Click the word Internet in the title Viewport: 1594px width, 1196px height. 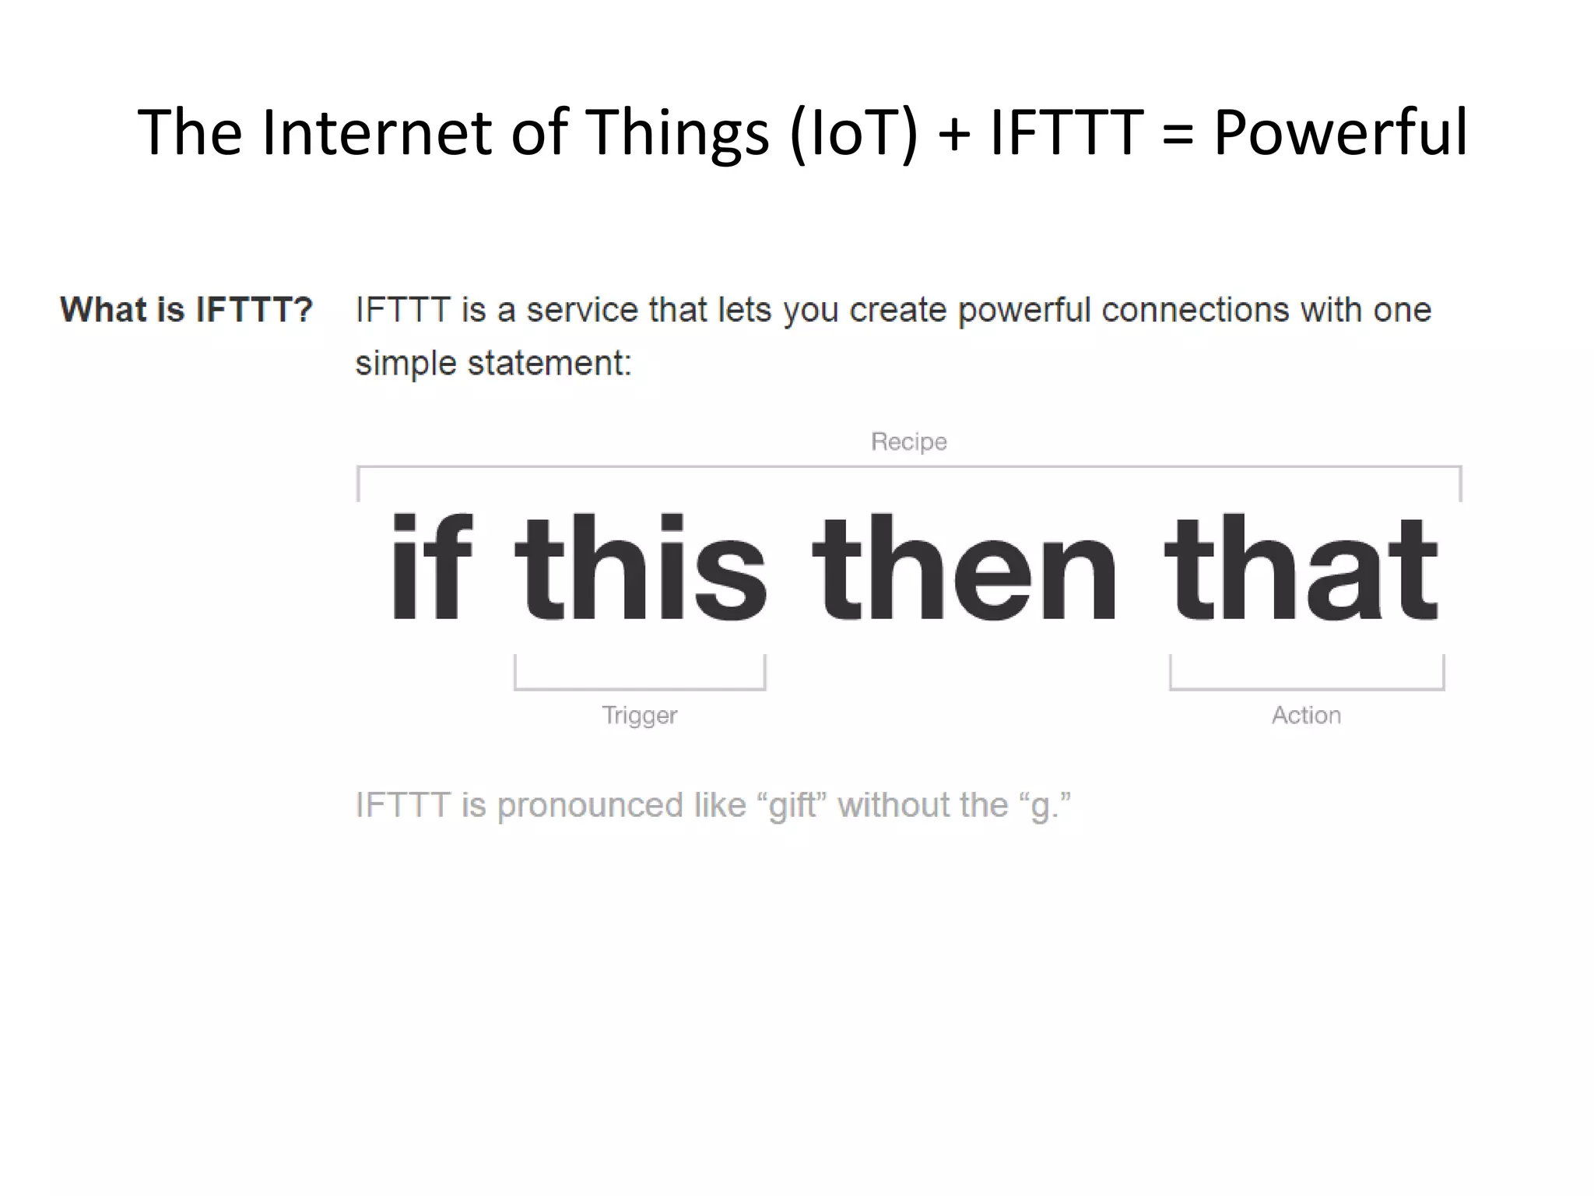coord(376,132)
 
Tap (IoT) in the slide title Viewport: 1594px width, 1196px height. coord(854,134)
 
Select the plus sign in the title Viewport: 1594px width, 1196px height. coord(954,134)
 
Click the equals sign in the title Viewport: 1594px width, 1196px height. coord(1178,134)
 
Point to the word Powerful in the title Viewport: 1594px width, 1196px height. coord(1340,132)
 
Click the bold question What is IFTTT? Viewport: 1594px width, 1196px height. coord(186,310)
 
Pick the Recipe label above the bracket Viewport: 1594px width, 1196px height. coord(908,441)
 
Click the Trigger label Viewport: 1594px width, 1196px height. coord(639,715)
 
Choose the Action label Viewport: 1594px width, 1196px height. coord(1306,715)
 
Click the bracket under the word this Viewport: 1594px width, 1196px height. coord(640,688)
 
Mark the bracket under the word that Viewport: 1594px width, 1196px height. coord(1306,688)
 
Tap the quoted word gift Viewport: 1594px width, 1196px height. coord(793,805)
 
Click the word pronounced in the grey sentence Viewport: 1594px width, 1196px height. coord(590,805)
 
